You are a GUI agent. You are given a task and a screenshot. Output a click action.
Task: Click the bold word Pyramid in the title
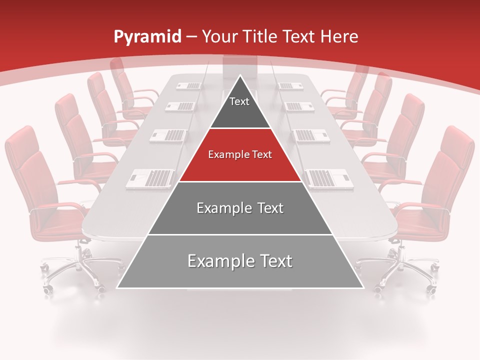[x=147, y=36]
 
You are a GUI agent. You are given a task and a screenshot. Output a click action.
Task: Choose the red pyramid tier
[x=240, y=155]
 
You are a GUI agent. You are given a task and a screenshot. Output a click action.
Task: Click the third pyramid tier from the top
[x=240, y=208]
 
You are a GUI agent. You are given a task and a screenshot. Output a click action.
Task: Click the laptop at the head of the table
[x=240, y=68]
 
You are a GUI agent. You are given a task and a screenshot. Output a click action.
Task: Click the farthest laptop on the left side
[x=189, y=85]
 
